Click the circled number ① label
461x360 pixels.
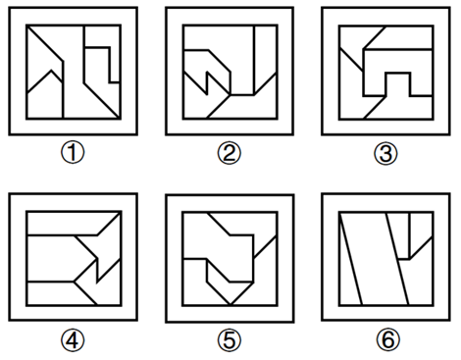[73, 153]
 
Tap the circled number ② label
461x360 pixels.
[230, 153]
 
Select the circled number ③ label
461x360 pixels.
[385, 153]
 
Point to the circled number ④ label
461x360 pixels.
[73, 340]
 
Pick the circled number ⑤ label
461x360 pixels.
[230, 340]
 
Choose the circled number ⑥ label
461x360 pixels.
[388, 340]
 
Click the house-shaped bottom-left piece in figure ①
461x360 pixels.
[44, 98]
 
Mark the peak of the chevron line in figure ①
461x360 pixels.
[51, 71]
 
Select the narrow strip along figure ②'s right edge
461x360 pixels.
[265, 59]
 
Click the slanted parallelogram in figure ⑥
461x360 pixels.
[375, 258]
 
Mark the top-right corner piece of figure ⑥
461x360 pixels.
[422, 232]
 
